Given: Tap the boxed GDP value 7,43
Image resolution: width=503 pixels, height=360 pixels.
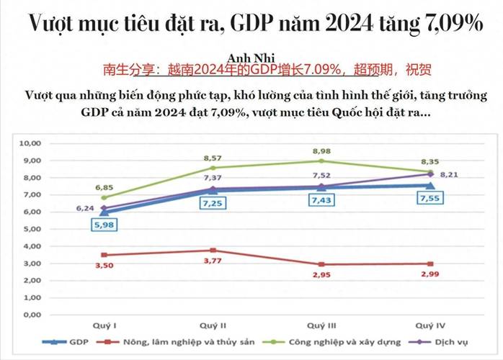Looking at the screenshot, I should [323, 201].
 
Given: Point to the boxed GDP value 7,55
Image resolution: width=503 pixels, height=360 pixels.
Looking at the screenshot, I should [429, 199].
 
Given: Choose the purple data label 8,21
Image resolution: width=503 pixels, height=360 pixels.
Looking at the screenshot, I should [450, 174].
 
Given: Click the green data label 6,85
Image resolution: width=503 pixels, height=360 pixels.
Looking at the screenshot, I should [105, 186].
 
